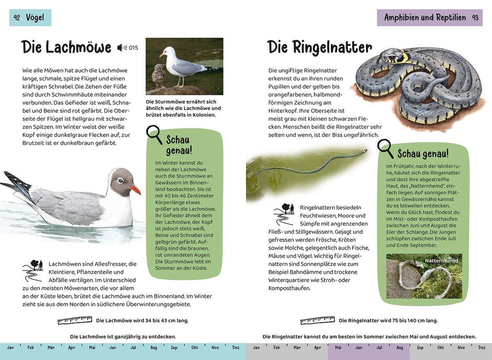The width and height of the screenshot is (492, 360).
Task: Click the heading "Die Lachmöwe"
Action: (x=66, y=47)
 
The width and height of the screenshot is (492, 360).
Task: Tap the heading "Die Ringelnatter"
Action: (x=319, y=47)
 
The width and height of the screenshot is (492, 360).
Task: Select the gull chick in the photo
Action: (x=159, y=77)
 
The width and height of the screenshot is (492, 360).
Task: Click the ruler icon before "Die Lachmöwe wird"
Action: (x=75, y=321)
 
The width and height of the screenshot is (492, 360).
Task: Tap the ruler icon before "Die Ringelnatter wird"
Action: (x=318, y=321)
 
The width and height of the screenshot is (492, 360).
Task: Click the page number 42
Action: (x=17, y=18)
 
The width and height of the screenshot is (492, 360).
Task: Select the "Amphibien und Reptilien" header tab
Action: (x=425, y=18)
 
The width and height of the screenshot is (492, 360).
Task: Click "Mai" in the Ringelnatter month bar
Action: (x=338, y=348)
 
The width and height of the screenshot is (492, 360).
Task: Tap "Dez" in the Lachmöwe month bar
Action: (x=236, y=348)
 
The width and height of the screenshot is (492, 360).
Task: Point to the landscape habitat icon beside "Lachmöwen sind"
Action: (x=33, y=270)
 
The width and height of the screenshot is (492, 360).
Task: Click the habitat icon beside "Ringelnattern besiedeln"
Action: (x=283, y=214)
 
